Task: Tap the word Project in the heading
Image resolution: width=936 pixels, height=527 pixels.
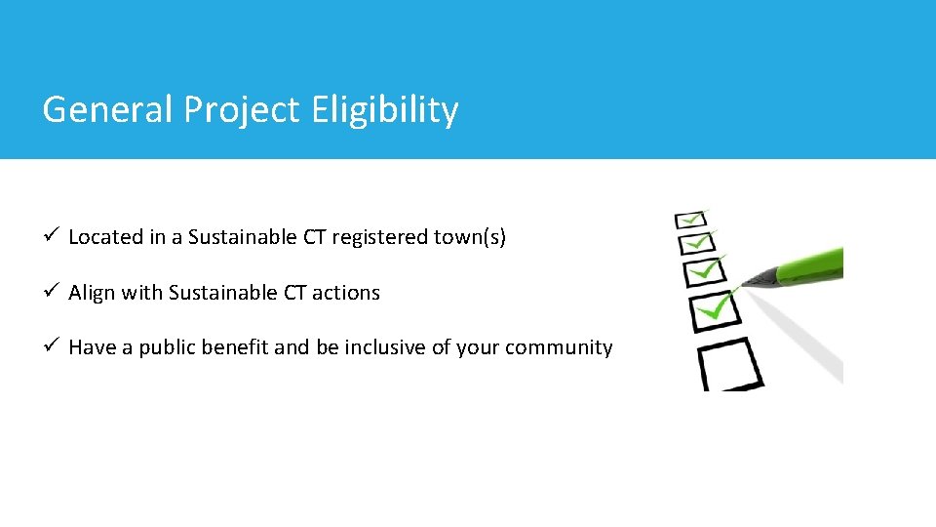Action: pos(243,111)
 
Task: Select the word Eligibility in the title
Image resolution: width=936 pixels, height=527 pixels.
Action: pos(384,111)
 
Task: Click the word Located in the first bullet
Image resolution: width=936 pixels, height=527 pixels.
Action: pos(104,237)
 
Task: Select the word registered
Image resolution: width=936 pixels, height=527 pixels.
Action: pos(375,237)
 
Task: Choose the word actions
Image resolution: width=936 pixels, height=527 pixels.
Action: pos(345,293)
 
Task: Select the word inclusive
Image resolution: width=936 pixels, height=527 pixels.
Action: pos(382,348)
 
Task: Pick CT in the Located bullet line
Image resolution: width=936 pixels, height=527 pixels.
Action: pos(314,237)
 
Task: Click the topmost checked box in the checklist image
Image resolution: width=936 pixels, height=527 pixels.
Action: pos(690,220)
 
